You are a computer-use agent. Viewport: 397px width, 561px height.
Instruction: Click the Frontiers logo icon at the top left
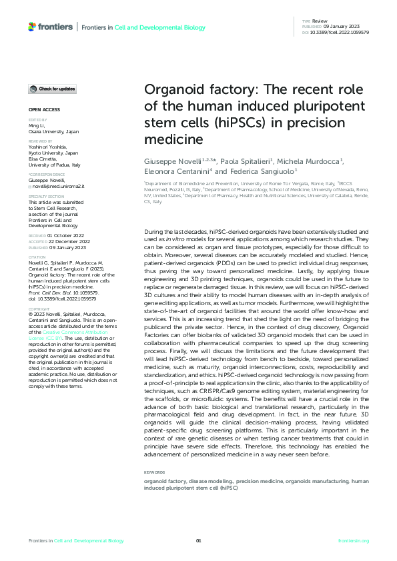[x=32, y=26]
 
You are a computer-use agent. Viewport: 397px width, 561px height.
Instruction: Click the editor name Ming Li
[x=37, y=125]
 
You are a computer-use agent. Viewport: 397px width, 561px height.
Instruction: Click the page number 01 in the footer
[x=198, y=540]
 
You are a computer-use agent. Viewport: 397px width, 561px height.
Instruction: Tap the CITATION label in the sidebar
[x=38, y=256]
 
